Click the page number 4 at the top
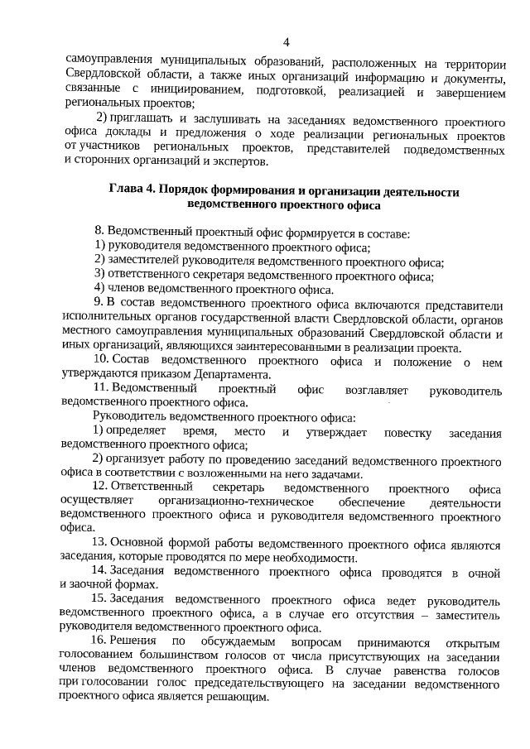(286, 42)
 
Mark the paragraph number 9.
(99, 304)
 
